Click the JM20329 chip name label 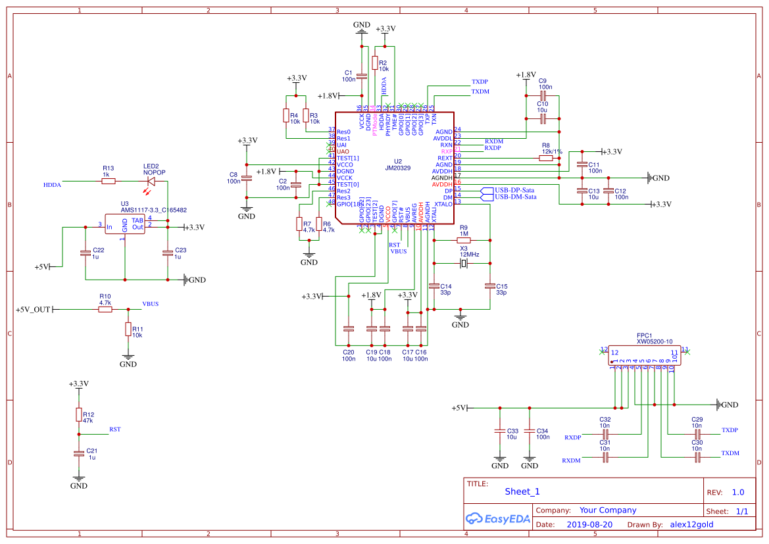point(397,168)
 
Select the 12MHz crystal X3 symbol point(463,264)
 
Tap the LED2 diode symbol point(151,180)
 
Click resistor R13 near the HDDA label point(109,180)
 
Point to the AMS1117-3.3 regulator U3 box point(125,224)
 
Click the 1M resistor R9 point(463,241)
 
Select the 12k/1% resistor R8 point(546,158)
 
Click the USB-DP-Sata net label point(515,189)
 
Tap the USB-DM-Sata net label point(515,197)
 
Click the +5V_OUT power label point(33,309)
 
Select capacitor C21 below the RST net point(79,453)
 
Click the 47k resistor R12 point(79,414)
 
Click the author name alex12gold point(691,525)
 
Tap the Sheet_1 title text point(522,491)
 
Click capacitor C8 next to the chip point(247,178)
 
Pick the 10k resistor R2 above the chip point(375,63)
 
